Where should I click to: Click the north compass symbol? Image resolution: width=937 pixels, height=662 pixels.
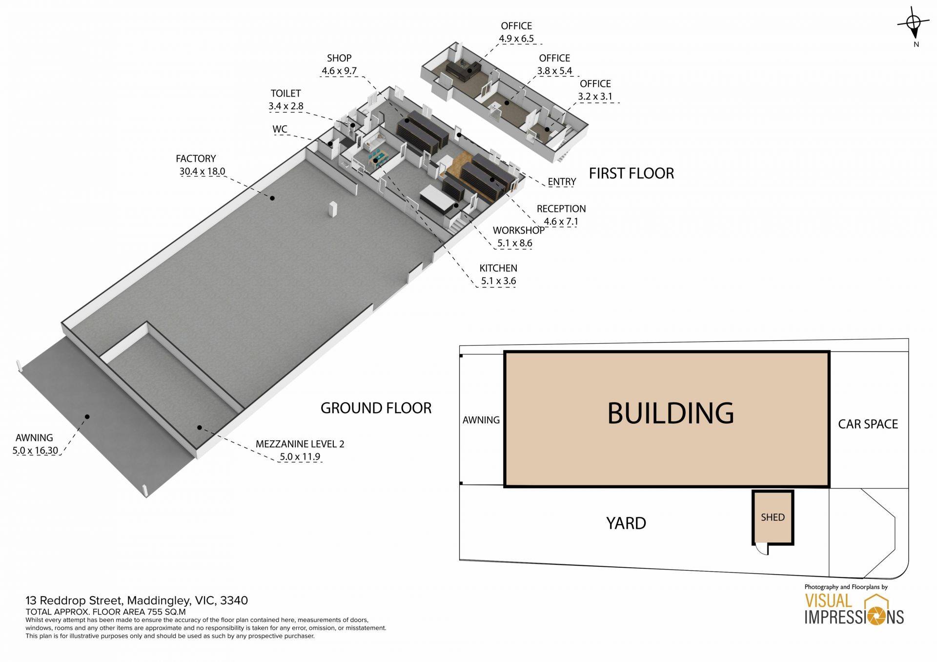914,24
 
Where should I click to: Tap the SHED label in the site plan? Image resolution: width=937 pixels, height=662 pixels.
773,517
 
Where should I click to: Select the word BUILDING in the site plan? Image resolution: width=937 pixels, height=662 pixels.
671,413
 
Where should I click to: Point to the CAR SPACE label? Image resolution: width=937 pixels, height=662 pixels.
868,424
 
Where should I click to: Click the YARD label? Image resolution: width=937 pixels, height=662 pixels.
626,523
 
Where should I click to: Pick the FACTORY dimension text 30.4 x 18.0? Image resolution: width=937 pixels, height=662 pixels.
202,171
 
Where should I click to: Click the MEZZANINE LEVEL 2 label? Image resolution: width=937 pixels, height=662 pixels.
300,444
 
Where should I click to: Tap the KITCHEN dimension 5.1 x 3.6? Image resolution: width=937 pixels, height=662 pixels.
498,281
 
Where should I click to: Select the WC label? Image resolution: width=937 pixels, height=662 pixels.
280,129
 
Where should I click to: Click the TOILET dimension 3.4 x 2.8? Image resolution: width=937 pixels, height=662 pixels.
285,106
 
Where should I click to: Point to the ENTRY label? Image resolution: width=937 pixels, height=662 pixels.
562,182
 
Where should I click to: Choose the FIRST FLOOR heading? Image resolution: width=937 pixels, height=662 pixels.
631,173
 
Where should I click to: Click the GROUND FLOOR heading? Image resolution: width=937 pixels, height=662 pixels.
376,408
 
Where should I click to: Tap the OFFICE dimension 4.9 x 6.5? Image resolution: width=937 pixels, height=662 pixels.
516,39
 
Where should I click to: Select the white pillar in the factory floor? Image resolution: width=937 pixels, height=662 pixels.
333,209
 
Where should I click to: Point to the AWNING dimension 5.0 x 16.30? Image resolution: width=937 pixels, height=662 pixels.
35,451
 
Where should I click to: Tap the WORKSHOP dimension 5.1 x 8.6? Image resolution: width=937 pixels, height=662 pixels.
514,243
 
